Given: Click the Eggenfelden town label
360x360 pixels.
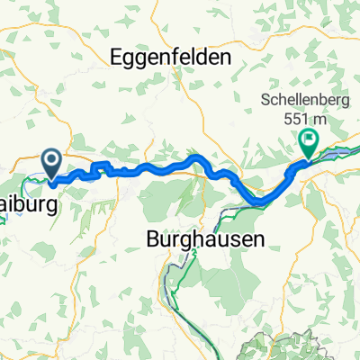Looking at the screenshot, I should [170, 58].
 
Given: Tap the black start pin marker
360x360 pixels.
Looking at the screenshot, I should [52, 164].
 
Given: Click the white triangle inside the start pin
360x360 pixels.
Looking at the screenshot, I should [52, 161].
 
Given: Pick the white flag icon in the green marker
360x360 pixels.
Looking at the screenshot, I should [310, 139].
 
